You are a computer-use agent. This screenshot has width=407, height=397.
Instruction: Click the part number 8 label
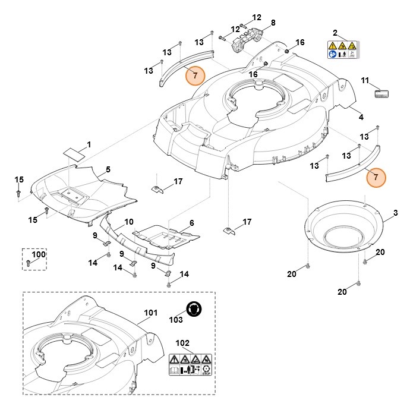(273, 23)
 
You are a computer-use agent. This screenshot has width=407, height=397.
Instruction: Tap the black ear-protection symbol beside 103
(194, 308)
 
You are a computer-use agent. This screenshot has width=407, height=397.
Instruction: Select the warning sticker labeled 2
(342, 49)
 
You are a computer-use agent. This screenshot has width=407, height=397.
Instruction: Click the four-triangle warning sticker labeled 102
(190, 364)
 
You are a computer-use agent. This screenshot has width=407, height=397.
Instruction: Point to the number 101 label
(151, 313)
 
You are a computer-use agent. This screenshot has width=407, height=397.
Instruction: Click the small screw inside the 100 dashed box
(29, 263)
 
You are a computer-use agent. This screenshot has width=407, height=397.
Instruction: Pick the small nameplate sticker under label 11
(381, 94)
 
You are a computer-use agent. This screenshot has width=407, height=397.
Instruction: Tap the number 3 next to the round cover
(395, 213)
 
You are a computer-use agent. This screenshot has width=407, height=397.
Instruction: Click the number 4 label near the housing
(361, 117)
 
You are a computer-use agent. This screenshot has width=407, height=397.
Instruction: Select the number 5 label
(108, 169)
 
